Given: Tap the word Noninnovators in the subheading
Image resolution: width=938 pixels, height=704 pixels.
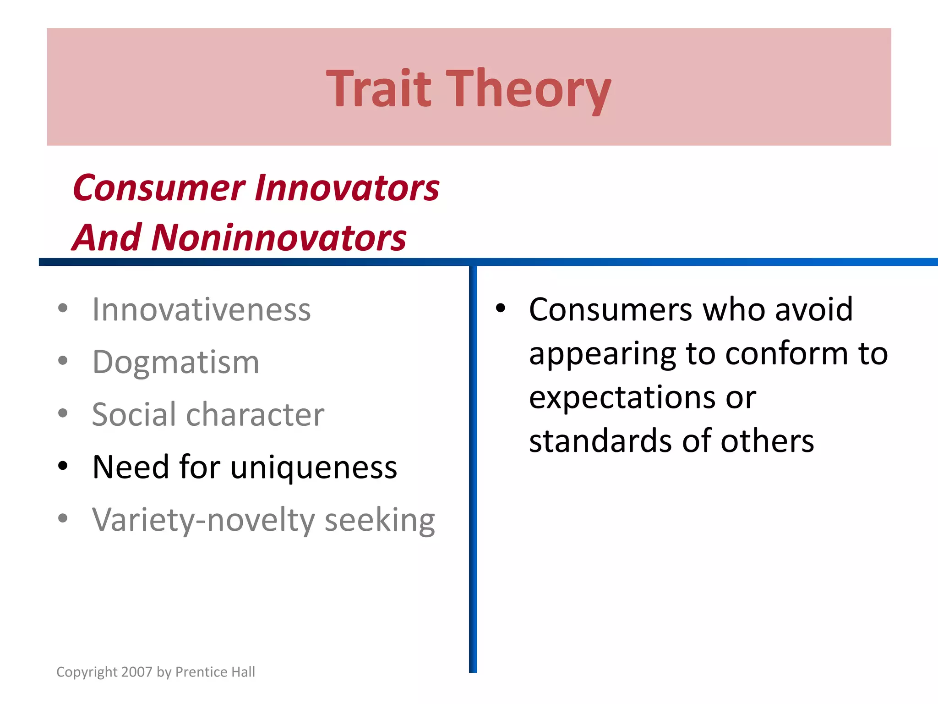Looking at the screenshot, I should click(x=279, y=238).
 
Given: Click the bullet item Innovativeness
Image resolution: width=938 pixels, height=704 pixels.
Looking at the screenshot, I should click(x=202, y=310).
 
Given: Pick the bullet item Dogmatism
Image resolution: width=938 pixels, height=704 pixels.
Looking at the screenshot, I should click(x=176, y=363).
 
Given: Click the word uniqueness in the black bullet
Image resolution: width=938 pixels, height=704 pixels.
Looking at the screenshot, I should click(x=314, y=467).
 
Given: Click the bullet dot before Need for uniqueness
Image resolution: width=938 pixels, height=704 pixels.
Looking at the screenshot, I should click(x=63, y=466).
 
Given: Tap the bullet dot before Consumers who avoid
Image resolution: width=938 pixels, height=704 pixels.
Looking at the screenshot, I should click(x=500, y=308).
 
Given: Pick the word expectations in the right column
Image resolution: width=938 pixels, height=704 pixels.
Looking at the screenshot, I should click(x=622, y=397).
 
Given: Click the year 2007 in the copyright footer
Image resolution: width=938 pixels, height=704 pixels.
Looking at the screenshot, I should click(x=137, y=672).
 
